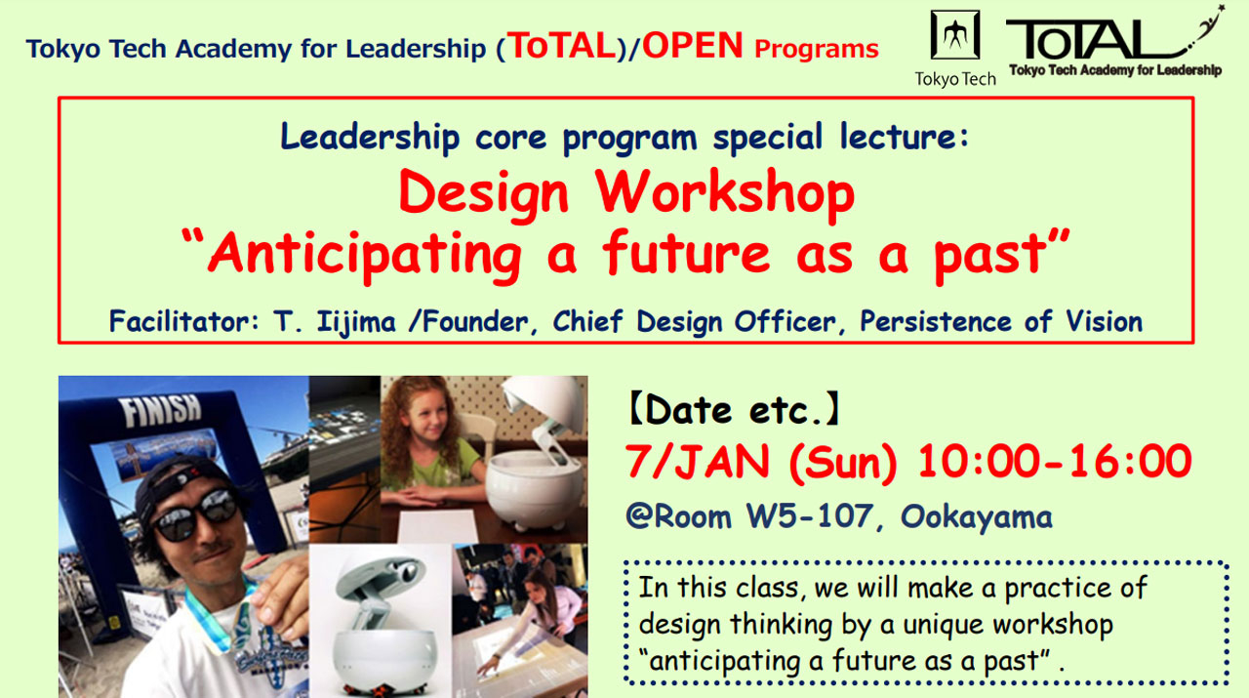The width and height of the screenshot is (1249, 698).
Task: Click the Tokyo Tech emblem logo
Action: coord(954,36)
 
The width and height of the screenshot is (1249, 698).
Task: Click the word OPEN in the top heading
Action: coord(692,46)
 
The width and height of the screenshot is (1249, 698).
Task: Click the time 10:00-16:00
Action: coord(1055,463)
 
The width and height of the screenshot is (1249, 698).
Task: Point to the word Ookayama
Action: coord(977,515)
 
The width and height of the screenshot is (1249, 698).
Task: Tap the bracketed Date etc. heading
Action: coord(733,411)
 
